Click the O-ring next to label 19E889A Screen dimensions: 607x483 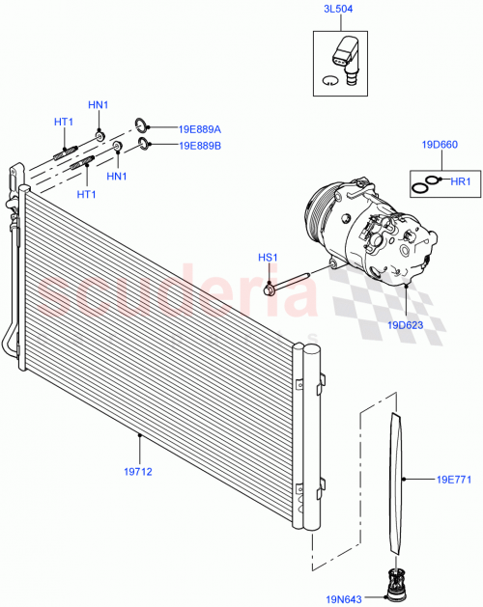(x=141, y=124)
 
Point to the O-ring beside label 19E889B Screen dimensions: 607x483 (x=145, y=145)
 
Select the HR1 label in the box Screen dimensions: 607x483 (x=460, y=180)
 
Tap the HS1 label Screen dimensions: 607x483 (x=267, y=257)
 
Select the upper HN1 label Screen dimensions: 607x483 (x=99, y=104)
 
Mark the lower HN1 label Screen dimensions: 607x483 (x=117, y=176)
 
